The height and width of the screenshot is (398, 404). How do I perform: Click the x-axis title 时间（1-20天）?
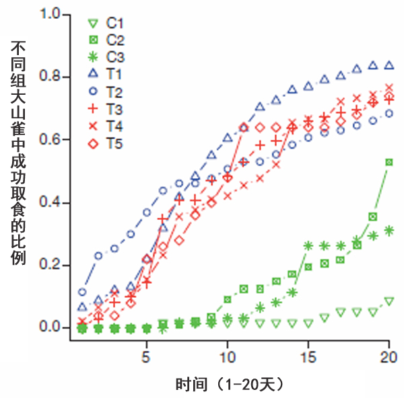pos(229,385)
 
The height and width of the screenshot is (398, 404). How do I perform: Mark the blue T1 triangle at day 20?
pos(389,65)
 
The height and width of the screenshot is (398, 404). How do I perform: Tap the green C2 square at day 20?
pos(389,162)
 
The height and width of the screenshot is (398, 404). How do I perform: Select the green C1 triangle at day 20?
pos(389,301)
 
